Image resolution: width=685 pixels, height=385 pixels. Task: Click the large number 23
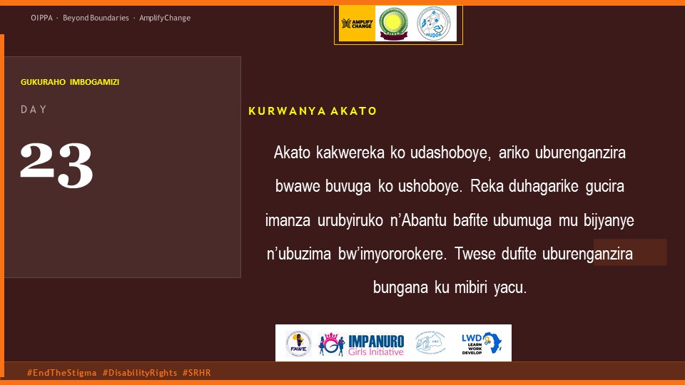point(56,165)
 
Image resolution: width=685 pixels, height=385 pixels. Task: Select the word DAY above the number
point(34,110)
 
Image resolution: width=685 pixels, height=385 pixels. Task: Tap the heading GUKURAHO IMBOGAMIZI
point(70,82)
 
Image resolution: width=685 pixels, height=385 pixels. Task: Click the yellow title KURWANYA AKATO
point(313,112)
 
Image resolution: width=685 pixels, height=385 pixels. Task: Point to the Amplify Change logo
point(355,24)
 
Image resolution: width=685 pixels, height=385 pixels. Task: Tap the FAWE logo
point(298,342)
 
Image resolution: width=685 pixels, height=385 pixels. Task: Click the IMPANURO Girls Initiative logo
point(362,343)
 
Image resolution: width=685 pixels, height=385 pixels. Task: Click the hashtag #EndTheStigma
point(61,373)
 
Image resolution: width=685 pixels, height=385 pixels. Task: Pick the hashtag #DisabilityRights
point(140,373)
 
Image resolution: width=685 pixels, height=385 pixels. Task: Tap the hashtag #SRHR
point(197,373)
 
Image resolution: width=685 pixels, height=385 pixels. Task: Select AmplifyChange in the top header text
point(165,18)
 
